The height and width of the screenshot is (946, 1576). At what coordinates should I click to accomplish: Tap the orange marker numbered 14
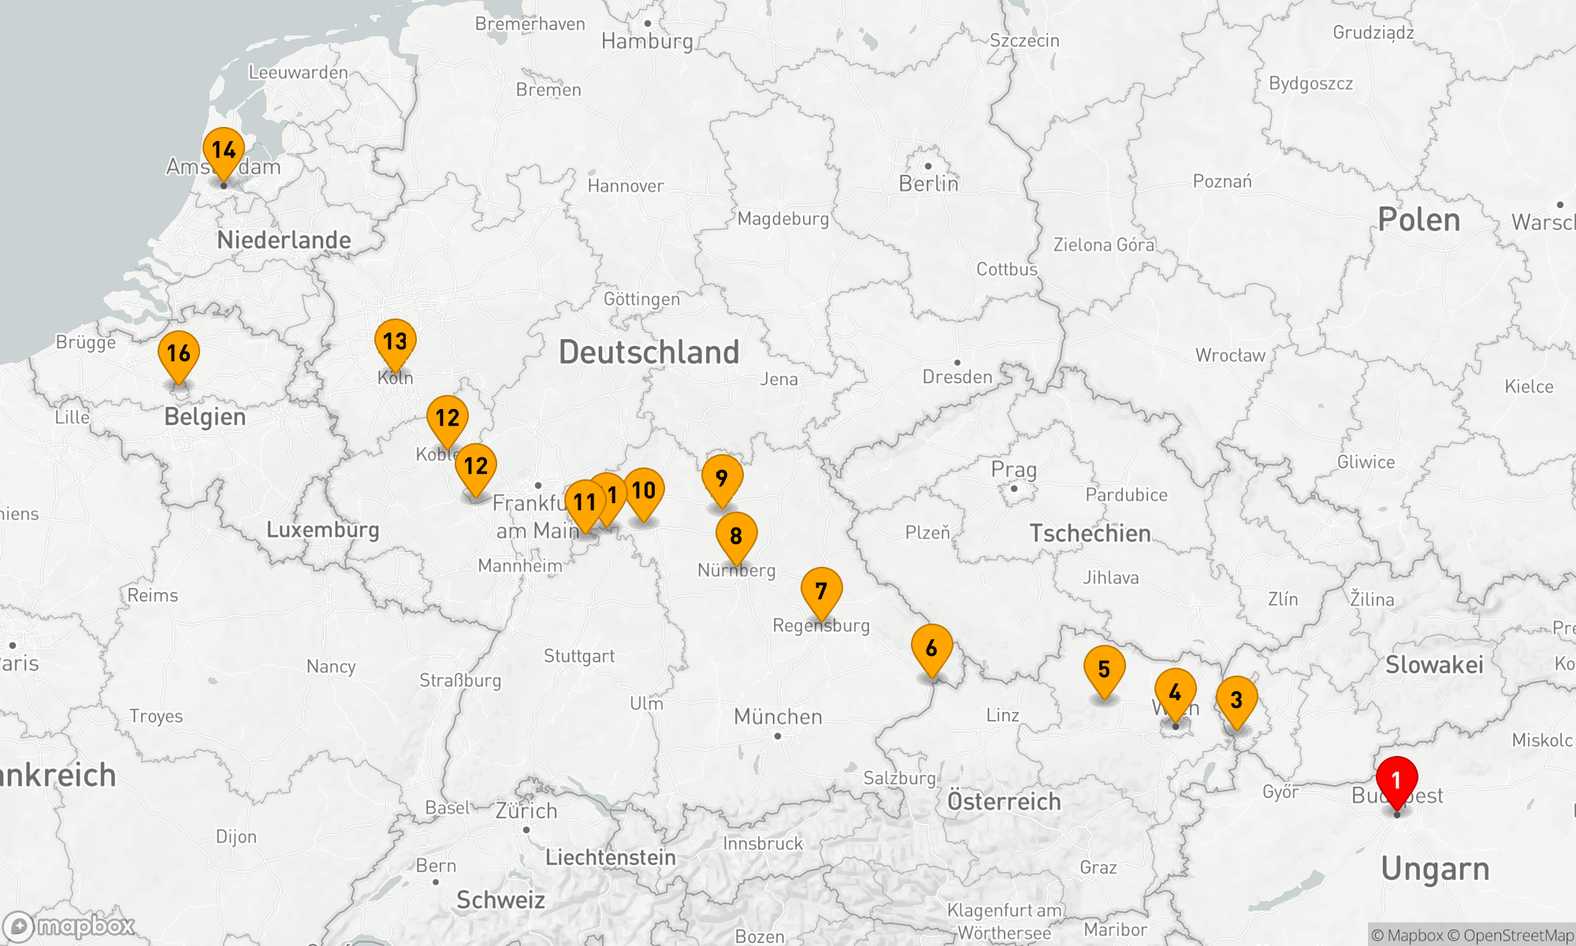pos(224,151)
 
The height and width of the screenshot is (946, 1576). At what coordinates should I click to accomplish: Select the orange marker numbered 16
pos(179,354)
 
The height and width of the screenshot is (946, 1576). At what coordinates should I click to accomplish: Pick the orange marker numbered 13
pos(395,341)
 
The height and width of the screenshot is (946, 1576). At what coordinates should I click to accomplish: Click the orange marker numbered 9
pos(722,478)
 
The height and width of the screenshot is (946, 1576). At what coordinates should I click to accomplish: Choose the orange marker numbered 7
pos(821,590)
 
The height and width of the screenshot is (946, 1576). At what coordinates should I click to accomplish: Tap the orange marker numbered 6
pos(931,648)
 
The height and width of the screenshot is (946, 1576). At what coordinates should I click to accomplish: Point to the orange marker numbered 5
pos(1104,669)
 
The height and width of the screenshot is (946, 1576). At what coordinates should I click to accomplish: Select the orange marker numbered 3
pos(1236,699)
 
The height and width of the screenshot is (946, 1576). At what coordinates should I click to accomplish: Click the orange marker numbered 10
pos(644,490)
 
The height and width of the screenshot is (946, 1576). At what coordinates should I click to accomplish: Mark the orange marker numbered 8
pos(736,536)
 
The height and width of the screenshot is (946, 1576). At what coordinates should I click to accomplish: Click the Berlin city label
pos(928,184)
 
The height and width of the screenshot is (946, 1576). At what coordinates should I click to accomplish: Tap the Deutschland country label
pos(649,352)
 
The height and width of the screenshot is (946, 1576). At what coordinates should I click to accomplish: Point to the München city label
pos(778,717)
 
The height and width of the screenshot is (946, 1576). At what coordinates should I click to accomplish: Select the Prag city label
pos(1013,470)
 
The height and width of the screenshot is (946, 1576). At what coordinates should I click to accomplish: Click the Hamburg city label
pos(647,41)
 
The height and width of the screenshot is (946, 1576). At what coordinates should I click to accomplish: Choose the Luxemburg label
pos(322,530)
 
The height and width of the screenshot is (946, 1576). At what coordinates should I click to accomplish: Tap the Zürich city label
pos(526,810)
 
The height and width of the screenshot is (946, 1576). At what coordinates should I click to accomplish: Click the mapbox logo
pos(69,926)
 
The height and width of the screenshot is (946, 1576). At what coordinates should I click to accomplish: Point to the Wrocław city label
pos(1230,356)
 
